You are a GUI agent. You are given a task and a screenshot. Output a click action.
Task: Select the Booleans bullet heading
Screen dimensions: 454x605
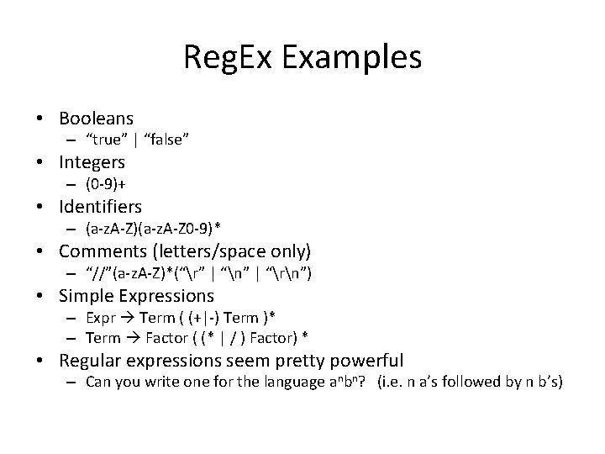tap(96, 119)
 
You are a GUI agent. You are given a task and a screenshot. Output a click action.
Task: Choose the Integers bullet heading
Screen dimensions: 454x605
tap(92, 161)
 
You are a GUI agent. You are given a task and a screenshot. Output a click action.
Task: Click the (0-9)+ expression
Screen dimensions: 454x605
tap(108, 183)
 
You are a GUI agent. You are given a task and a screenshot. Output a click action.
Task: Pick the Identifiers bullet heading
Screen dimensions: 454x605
tap(101, 206)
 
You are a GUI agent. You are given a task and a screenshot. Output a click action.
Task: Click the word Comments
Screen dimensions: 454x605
tap(100, 251)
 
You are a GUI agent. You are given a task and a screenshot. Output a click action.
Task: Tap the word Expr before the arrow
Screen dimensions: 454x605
tap(98, 318)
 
